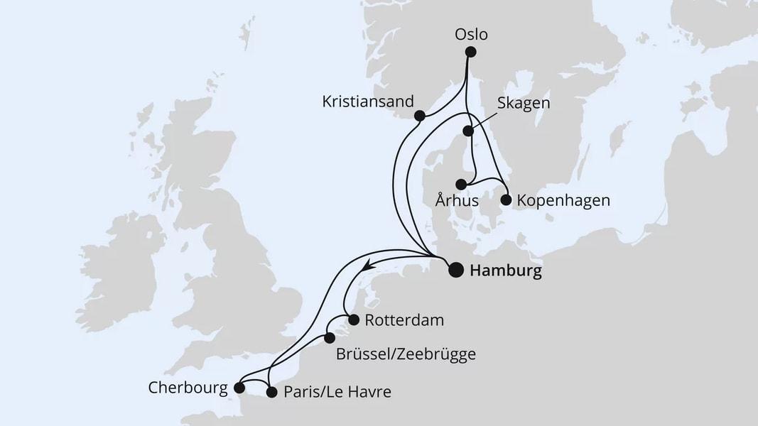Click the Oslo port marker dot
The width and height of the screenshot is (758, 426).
tap(470, 52)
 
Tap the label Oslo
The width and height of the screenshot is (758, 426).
tap(472, 33)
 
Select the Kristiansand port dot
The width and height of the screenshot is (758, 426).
tap(420, 116)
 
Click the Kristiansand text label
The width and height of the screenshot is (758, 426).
tap(367, 102)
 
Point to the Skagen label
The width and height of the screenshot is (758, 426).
tap(525, 104)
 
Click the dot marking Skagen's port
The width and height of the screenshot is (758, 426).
tap(468, 131)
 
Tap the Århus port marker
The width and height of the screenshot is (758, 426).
tap(461, 184)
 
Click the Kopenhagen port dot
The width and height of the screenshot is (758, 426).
tap(506, 200)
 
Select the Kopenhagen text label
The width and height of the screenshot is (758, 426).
tap(563, 201)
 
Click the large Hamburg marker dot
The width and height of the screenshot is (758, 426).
tap(455, 269)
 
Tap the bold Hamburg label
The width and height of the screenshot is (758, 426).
tap(506, 271)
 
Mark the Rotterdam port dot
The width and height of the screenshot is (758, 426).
tap(353, 319)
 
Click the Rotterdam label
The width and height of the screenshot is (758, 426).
tap(404, 320)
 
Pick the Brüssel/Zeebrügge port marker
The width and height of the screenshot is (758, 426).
tap(329, 338)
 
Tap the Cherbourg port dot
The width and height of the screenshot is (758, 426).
tap(239, 388)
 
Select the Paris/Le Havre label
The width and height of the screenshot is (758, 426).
tap(337, 392)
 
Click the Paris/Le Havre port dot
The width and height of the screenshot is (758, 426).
tap(271, 391)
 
